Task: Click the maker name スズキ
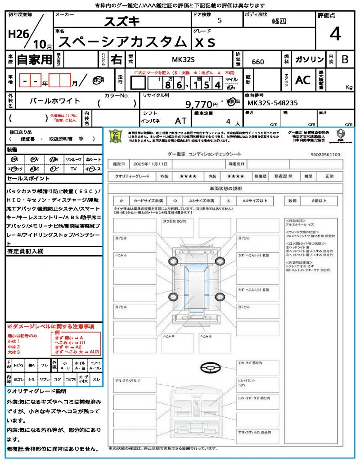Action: pyautogui.click(x=122, y=21)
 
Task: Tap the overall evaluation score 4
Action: pyautogui.click(x=335, y=35)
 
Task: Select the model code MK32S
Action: pyautogui.click(x=184, y=59)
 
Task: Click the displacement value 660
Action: pyautogui.click(x=258, y=62)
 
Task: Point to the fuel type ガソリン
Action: pyautogui.click(x=309, y=59)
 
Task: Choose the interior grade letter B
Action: pyautogui.click(x=345, y=59)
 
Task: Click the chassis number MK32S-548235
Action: pyautogui.click(x=272, y=103)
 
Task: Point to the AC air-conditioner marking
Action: pyautogui.click(x=303, y=80)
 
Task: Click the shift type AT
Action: pyautogui.click(x=181, y=121)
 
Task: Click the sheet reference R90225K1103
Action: pyautogui.click(x=325, y=154)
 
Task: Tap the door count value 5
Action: pyautogui.click(x=219, y=20)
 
